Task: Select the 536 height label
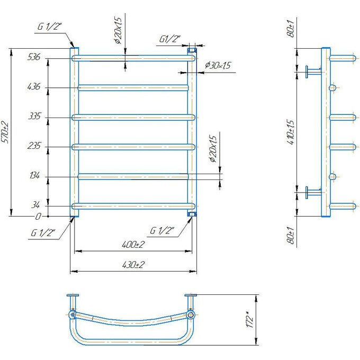pos(33,58)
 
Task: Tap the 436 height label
pos(33,87)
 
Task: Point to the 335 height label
pos(33,117)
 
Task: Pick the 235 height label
pos(33,147)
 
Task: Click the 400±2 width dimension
pos(132,245)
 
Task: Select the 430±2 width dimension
pos(132,265)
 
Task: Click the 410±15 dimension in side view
pos(290,132)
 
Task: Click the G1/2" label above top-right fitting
pos(170,39)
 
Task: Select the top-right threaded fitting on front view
pos(192,50)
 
